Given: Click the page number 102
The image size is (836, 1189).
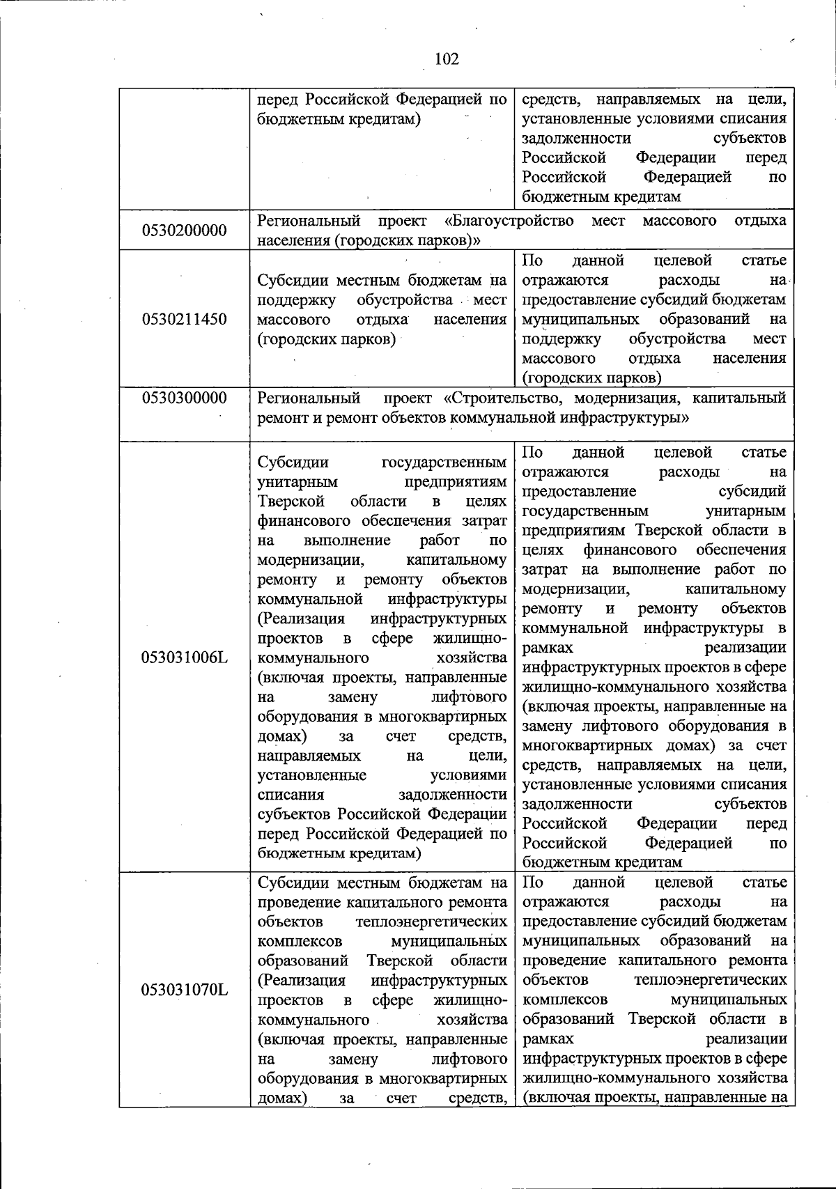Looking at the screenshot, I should point(447,59).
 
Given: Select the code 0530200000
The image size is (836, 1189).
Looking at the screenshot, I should point(185,231).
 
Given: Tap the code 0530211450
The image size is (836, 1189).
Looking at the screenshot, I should point(185,320).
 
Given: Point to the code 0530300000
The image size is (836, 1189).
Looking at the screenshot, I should point(185,398).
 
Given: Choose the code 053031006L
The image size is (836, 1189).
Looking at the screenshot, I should point(185,658).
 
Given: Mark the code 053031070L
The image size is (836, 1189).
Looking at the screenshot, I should point(185,989).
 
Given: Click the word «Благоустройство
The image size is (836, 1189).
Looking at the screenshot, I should point(509,222).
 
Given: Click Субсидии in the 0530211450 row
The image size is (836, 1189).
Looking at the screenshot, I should point(289,281).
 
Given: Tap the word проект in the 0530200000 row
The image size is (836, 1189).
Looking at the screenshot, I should point(403,222).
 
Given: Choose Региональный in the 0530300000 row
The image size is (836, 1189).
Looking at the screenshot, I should point(309,398).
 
